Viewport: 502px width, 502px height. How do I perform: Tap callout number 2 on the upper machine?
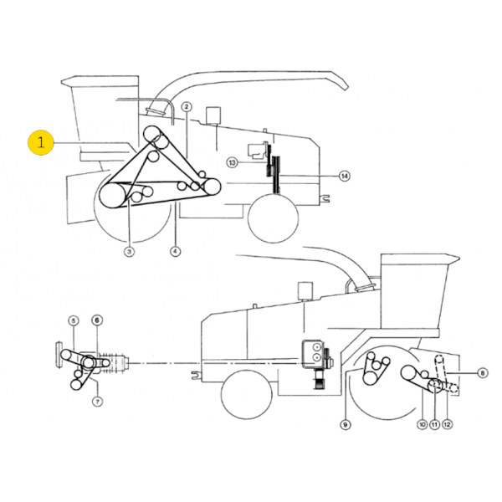click(187, 106)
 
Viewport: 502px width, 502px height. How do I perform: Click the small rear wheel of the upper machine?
click(273, 217)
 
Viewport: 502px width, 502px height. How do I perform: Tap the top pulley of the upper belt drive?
click(154, 135)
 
